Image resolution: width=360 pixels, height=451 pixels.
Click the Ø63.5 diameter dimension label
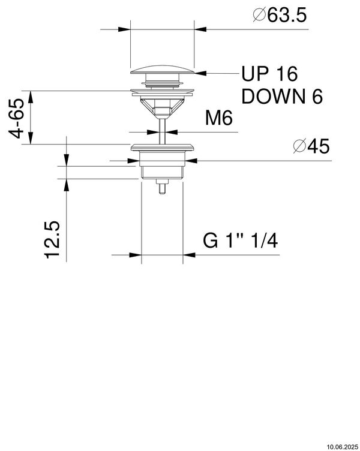[280, 15]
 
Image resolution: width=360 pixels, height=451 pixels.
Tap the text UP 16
[269, 74]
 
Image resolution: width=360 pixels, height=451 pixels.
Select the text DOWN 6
[282, 97]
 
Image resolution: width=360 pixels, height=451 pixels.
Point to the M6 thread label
[219, 118]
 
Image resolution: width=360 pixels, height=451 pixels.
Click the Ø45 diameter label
[311, 146]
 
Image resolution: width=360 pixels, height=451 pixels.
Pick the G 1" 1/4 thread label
[240, 240]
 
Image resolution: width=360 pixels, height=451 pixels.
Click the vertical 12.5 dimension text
[52, 239]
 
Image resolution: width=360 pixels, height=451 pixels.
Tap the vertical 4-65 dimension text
[16, 119]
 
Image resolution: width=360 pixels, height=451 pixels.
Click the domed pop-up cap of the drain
[163, 70]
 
